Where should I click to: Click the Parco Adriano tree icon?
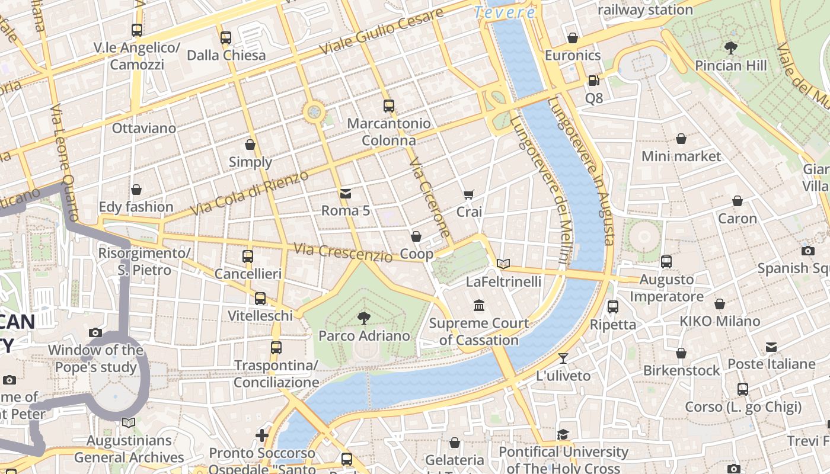(363, 319)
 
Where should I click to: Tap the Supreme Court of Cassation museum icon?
(479, 306)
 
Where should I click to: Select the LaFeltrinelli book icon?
(503, 264)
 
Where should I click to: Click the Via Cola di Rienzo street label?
(250, 193)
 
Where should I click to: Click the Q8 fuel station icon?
(593, 81)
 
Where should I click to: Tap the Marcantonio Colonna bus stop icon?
(389, 106)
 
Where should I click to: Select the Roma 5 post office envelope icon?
(346, 193)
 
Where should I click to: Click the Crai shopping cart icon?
(469, 194)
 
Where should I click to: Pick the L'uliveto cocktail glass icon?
(563, 358)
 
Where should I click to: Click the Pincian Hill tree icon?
(731, 48)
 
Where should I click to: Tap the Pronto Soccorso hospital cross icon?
(262, 436)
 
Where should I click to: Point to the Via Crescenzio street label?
(343, 252)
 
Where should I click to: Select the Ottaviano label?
(144, 128)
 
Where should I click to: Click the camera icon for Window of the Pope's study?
(95, 333)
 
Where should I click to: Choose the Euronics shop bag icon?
(573, 38)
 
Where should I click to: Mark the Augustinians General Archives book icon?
(129, 423)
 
